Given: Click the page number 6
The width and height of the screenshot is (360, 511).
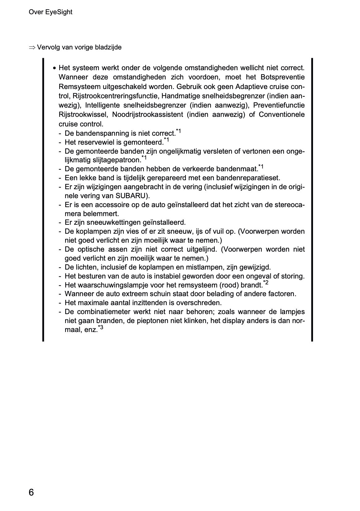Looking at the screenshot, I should [x=31, y=492].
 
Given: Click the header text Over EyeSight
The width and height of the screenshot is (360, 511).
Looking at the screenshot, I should [x=50, y=12].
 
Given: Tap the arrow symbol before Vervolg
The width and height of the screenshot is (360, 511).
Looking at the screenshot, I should [x=32, y=48].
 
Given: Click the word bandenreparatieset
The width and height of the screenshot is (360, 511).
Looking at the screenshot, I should [x=248, y=178].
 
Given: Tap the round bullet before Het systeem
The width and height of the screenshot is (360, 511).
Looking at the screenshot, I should [x=54, y=68].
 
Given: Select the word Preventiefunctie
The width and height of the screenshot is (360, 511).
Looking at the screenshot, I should [x=279, y=105].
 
